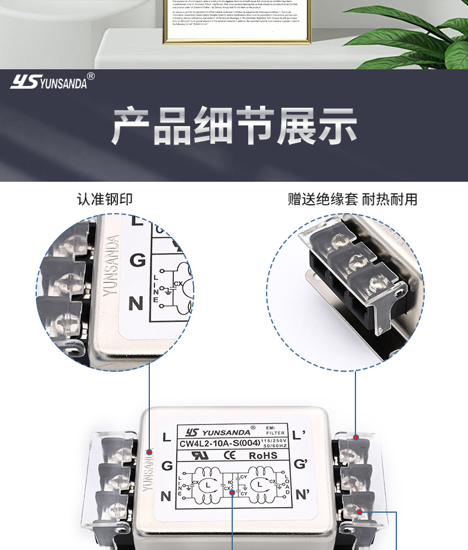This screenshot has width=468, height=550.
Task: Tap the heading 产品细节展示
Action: click(x=234, y=126)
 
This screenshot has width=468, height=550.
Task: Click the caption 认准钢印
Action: click(x=105, y=199)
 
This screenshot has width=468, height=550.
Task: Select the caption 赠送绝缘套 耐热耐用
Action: click(x=352, y=199)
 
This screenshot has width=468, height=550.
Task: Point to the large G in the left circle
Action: click(x=137, y=260)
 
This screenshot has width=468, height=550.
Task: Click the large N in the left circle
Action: click(x=136, y=304)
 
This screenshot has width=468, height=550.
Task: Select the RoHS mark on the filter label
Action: click(x=263, y=455)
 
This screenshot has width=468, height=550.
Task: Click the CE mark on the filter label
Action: click(x=229, y=455)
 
